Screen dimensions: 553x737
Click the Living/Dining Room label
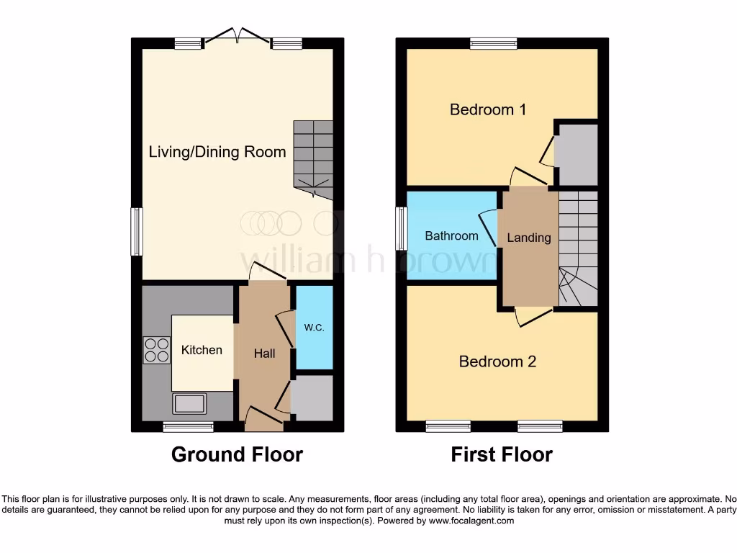[x=217, y=152]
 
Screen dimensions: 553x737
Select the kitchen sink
[x=189, y=403]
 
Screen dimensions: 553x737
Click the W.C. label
[x=315, y=328]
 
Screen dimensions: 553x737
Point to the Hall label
[x=264, y=354]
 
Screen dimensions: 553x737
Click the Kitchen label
[x=202, y=350]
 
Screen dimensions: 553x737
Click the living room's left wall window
[x=136, y=231]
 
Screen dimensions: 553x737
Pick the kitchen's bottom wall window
[x=188, y=427]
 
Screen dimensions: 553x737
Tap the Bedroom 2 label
[x=497, y=361]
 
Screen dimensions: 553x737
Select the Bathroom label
[x=451, y=236]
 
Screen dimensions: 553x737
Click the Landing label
[x=529, y=238]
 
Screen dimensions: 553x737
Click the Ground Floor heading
[x=237, y=455]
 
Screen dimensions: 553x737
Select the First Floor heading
[x=502, y=455]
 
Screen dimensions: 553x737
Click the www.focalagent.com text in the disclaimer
[x=471, y=521]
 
